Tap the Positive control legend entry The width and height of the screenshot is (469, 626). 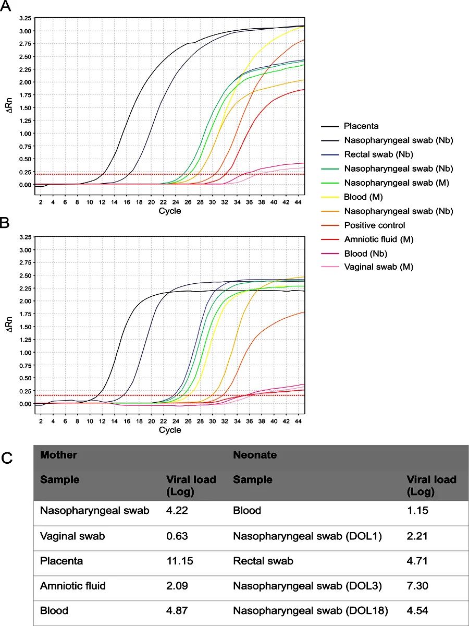pos(374,225)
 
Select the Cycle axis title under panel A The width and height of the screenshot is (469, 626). pos(170,211)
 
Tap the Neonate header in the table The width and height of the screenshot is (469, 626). pos(254,455)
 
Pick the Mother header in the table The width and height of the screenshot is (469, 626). pos(58,455)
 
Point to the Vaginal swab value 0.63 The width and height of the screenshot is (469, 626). pos(177,536)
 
